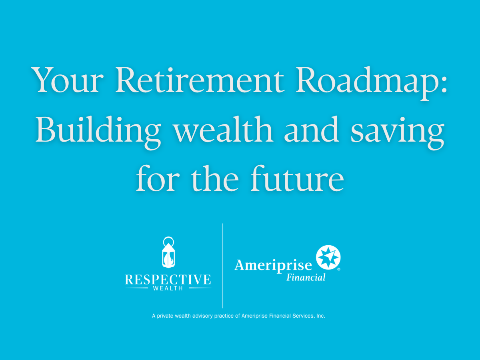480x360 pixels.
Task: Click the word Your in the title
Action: [x=67, y=80]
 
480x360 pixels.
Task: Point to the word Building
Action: [x=98, y=132]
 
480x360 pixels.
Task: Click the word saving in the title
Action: [x=398, y=132]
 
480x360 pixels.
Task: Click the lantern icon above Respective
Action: [x=168, y=252]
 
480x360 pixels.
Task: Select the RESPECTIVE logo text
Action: [x=168, y=280]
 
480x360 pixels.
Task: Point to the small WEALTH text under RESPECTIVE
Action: [x=168, y=288]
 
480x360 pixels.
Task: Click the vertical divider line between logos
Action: [x=223, y=266]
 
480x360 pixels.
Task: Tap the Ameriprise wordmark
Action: [x=273, y=266]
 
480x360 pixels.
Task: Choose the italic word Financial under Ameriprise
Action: [x=306, y=277]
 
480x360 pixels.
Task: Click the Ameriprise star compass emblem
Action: [x=328, y=257]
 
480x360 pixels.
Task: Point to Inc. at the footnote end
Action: [x=321, y=316]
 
